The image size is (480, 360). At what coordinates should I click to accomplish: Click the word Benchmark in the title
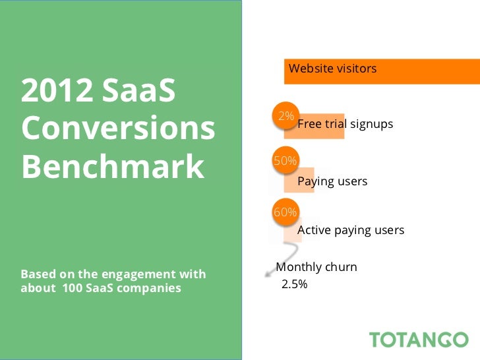(113, 167)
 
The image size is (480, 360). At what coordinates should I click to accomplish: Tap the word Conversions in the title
(118, 129)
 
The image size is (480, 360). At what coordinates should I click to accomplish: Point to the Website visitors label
(332, 69)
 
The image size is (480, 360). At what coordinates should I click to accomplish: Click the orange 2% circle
(285, 116)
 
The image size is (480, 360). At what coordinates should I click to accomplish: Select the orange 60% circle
(285, 212)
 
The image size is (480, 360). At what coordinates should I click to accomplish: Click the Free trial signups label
(345, 124)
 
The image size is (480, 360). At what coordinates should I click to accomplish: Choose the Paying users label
(332, 181)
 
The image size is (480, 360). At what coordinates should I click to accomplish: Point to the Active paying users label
(351, 230)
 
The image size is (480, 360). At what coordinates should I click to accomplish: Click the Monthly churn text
(316, 267)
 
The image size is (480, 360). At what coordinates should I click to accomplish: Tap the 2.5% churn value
(295, 285)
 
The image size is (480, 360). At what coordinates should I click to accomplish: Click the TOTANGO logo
(419, 340)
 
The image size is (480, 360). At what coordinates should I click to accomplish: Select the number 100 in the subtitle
(73, 288)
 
